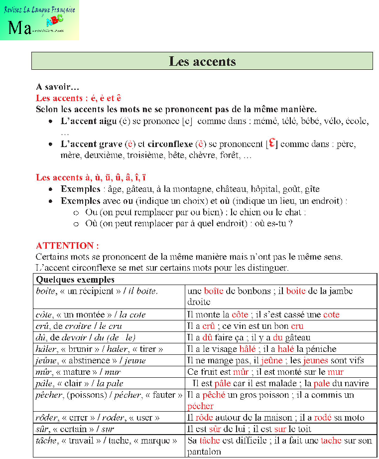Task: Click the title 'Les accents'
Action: coord(202,61)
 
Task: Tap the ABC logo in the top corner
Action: coord(54,20)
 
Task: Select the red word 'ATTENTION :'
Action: coord(67,246)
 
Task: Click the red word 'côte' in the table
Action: coord(240,315)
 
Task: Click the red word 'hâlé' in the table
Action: coord(248,349)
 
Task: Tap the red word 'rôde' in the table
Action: coord(204,418)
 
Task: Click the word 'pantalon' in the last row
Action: coord(204,452)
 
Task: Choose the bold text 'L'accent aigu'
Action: coord(89,121)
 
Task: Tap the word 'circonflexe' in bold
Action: coord(170,144)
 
